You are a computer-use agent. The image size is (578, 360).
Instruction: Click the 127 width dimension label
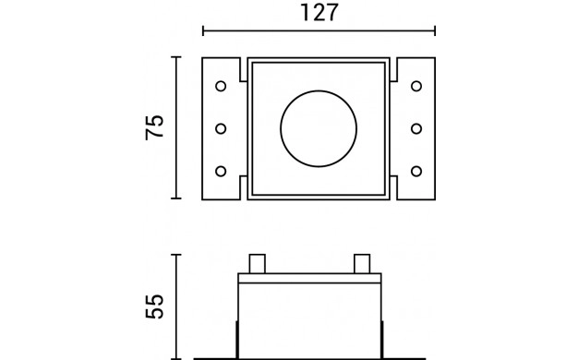(319, 13)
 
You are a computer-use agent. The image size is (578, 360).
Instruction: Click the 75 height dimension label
(154, 127)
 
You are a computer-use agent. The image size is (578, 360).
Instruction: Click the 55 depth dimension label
(154, 306)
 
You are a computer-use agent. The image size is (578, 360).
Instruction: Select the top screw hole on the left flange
(221, 86)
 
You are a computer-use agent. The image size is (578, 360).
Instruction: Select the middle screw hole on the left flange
(221, 128)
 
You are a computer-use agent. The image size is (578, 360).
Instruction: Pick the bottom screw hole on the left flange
(221, 172)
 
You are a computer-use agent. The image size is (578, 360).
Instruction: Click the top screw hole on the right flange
(416, 86)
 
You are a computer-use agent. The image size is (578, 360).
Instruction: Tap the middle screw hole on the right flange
(416, 128)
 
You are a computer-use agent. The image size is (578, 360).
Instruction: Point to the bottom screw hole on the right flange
(416, 172)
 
